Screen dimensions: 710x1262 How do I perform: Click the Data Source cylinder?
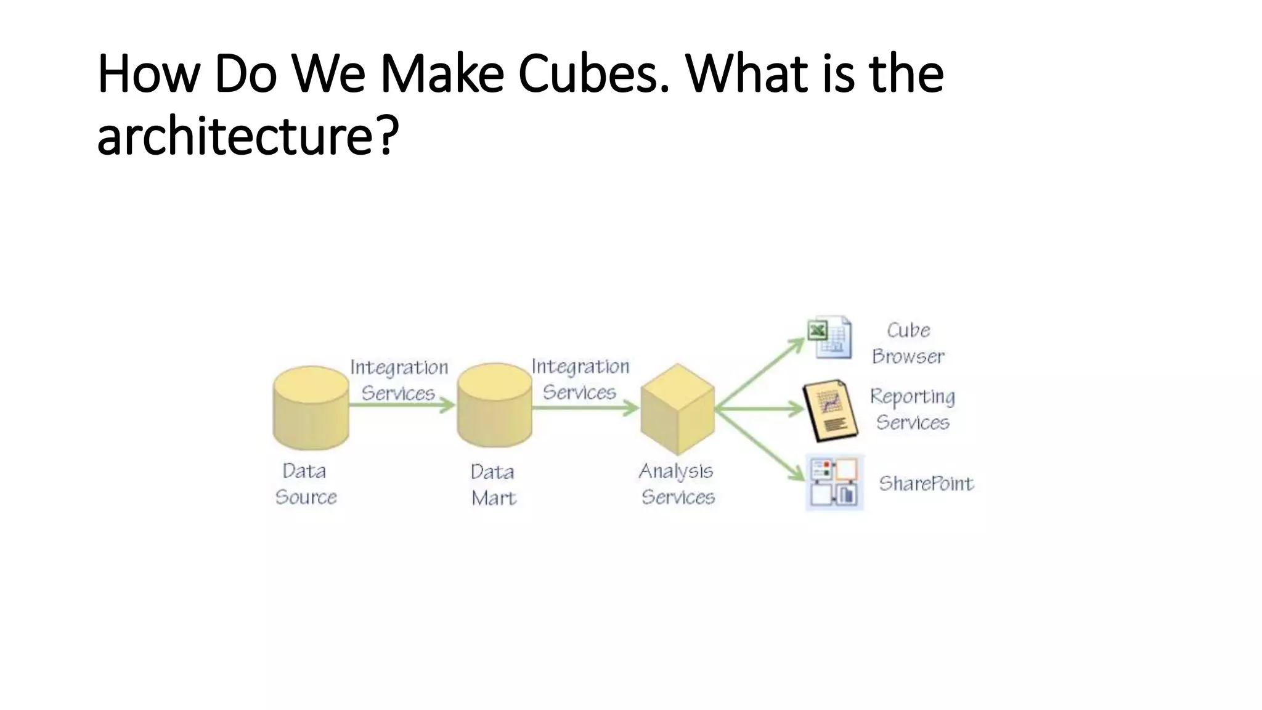(x=311, y=408)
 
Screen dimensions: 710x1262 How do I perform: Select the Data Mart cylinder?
(x=494, y=406)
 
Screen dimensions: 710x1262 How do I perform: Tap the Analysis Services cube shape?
(x=677, y=409)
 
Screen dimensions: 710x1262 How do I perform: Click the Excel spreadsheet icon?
(x=830, y=338)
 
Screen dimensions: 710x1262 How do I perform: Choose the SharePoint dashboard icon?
(x=834, y=483)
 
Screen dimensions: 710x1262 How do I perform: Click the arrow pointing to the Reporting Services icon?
(x=762, y=408)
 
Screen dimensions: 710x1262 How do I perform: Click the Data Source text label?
(x=306, y=484)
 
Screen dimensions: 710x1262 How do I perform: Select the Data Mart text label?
(x=493, y=485)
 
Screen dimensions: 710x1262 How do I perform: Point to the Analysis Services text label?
(x=677, y=484)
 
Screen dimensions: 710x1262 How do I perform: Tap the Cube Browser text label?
(x=908, y=343)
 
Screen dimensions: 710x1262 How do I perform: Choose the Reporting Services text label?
(x=913, y=409)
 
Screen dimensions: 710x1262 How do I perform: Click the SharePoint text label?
(x=926, y=484)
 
